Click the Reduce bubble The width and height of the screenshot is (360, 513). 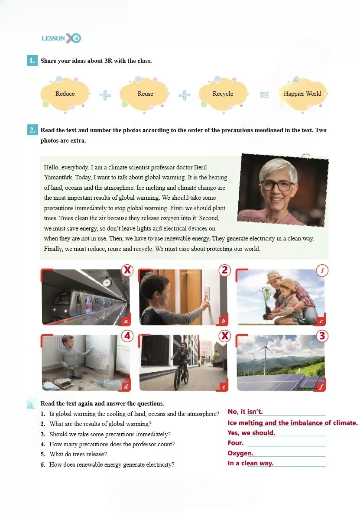(x=65, y=94)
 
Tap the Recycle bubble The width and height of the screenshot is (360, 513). (x=223, y=94)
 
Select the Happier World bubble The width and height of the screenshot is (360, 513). (x=302, y=94)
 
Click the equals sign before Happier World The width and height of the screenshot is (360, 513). (x=264, y=94)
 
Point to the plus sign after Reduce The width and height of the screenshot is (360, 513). (x=105, y=94)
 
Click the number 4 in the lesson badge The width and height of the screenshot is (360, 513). (x=77, y=38)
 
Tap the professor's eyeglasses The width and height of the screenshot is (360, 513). (x=277, y=185)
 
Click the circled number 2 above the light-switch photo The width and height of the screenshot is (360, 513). (x=224, y=270)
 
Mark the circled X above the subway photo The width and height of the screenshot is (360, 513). (x=127, y=270)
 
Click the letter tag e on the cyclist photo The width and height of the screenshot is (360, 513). (x=224, y=386)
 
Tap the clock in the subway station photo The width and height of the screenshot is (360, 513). (x=107, y=282)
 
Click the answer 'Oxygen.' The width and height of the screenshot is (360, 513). (x=240, y=453)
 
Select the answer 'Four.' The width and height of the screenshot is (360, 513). (x=236, y=443)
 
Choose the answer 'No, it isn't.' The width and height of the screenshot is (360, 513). (x=245, y=412)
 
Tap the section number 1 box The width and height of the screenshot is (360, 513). (x=32, y=61)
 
